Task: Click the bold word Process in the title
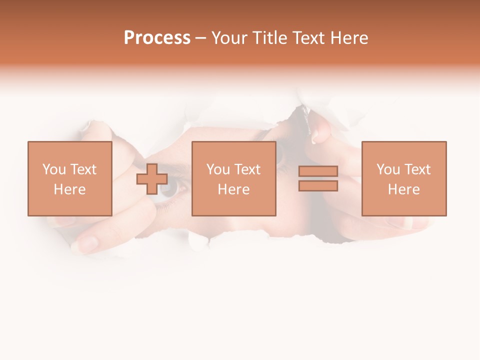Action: pyautogui.click(x=157, y=38)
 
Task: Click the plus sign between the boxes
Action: pyautogui.click(x=152, y=179)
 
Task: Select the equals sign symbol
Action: pyautogui.click(x=318, y=178)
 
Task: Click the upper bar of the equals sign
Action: pyautogui.click(x=318, y=171)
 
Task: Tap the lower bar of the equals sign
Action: pyautogui.click(x=318, y=186)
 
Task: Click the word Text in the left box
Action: pyautogui.click(x=83, y=169)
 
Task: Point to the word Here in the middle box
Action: pyautogui.click(x=233, y=189)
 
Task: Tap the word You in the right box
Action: pyautogui.click(x=388, y=169)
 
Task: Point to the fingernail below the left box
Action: pyautogui.click(x=87, y=243)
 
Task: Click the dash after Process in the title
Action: pyautogui.click(x=201, y=38)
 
